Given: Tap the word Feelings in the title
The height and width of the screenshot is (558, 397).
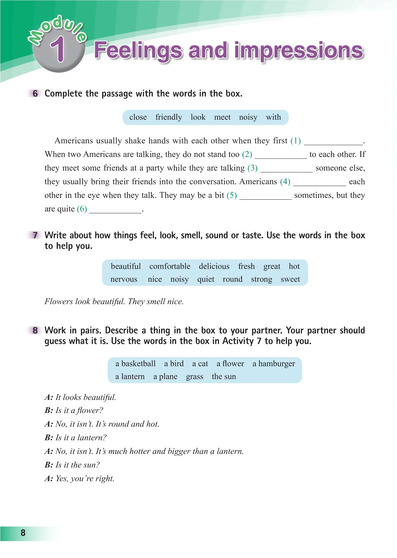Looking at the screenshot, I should point(138,51).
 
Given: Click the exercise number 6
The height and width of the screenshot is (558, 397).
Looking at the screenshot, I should point(35,94).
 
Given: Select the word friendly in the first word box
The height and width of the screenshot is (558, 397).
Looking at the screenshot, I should point(169,117).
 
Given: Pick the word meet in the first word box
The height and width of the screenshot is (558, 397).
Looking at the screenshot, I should point(222,117).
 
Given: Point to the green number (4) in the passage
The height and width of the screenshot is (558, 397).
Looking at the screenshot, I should point(285,181).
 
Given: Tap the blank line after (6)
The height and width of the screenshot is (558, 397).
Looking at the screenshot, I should point(115,210).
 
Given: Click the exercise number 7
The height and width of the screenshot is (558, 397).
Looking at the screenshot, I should point(35,235).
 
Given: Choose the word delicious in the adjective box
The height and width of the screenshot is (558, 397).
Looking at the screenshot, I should point(214,266).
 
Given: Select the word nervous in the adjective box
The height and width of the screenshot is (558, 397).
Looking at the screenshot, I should point(124,279).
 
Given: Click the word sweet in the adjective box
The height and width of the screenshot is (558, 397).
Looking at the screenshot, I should point(290,279).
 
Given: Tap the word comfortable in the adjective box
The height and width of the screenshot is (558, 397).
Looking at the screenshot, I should point(170,266).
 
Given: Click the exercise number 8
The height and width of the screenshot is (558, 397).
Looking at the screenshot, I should point(35,330).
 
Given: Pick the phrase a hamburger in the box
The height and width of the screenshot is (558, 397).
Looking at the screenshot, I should point(274,364).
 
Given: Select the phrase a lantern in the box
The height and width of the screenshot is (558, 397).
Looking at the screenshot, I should point(130,377).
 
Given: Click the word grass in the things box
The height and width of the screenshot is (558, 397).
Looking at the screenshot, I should point(194,377).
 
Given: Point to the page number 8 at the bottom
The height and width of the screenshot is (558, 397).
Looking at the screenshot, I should point(23,533).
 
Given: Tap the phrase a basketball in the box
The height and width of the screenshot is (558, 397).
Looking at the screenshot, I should point(135,364).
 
